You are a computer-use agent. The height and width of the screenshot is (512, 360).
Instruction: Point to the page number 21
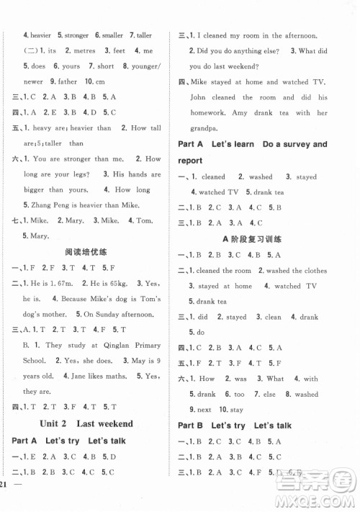[9, 502]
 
